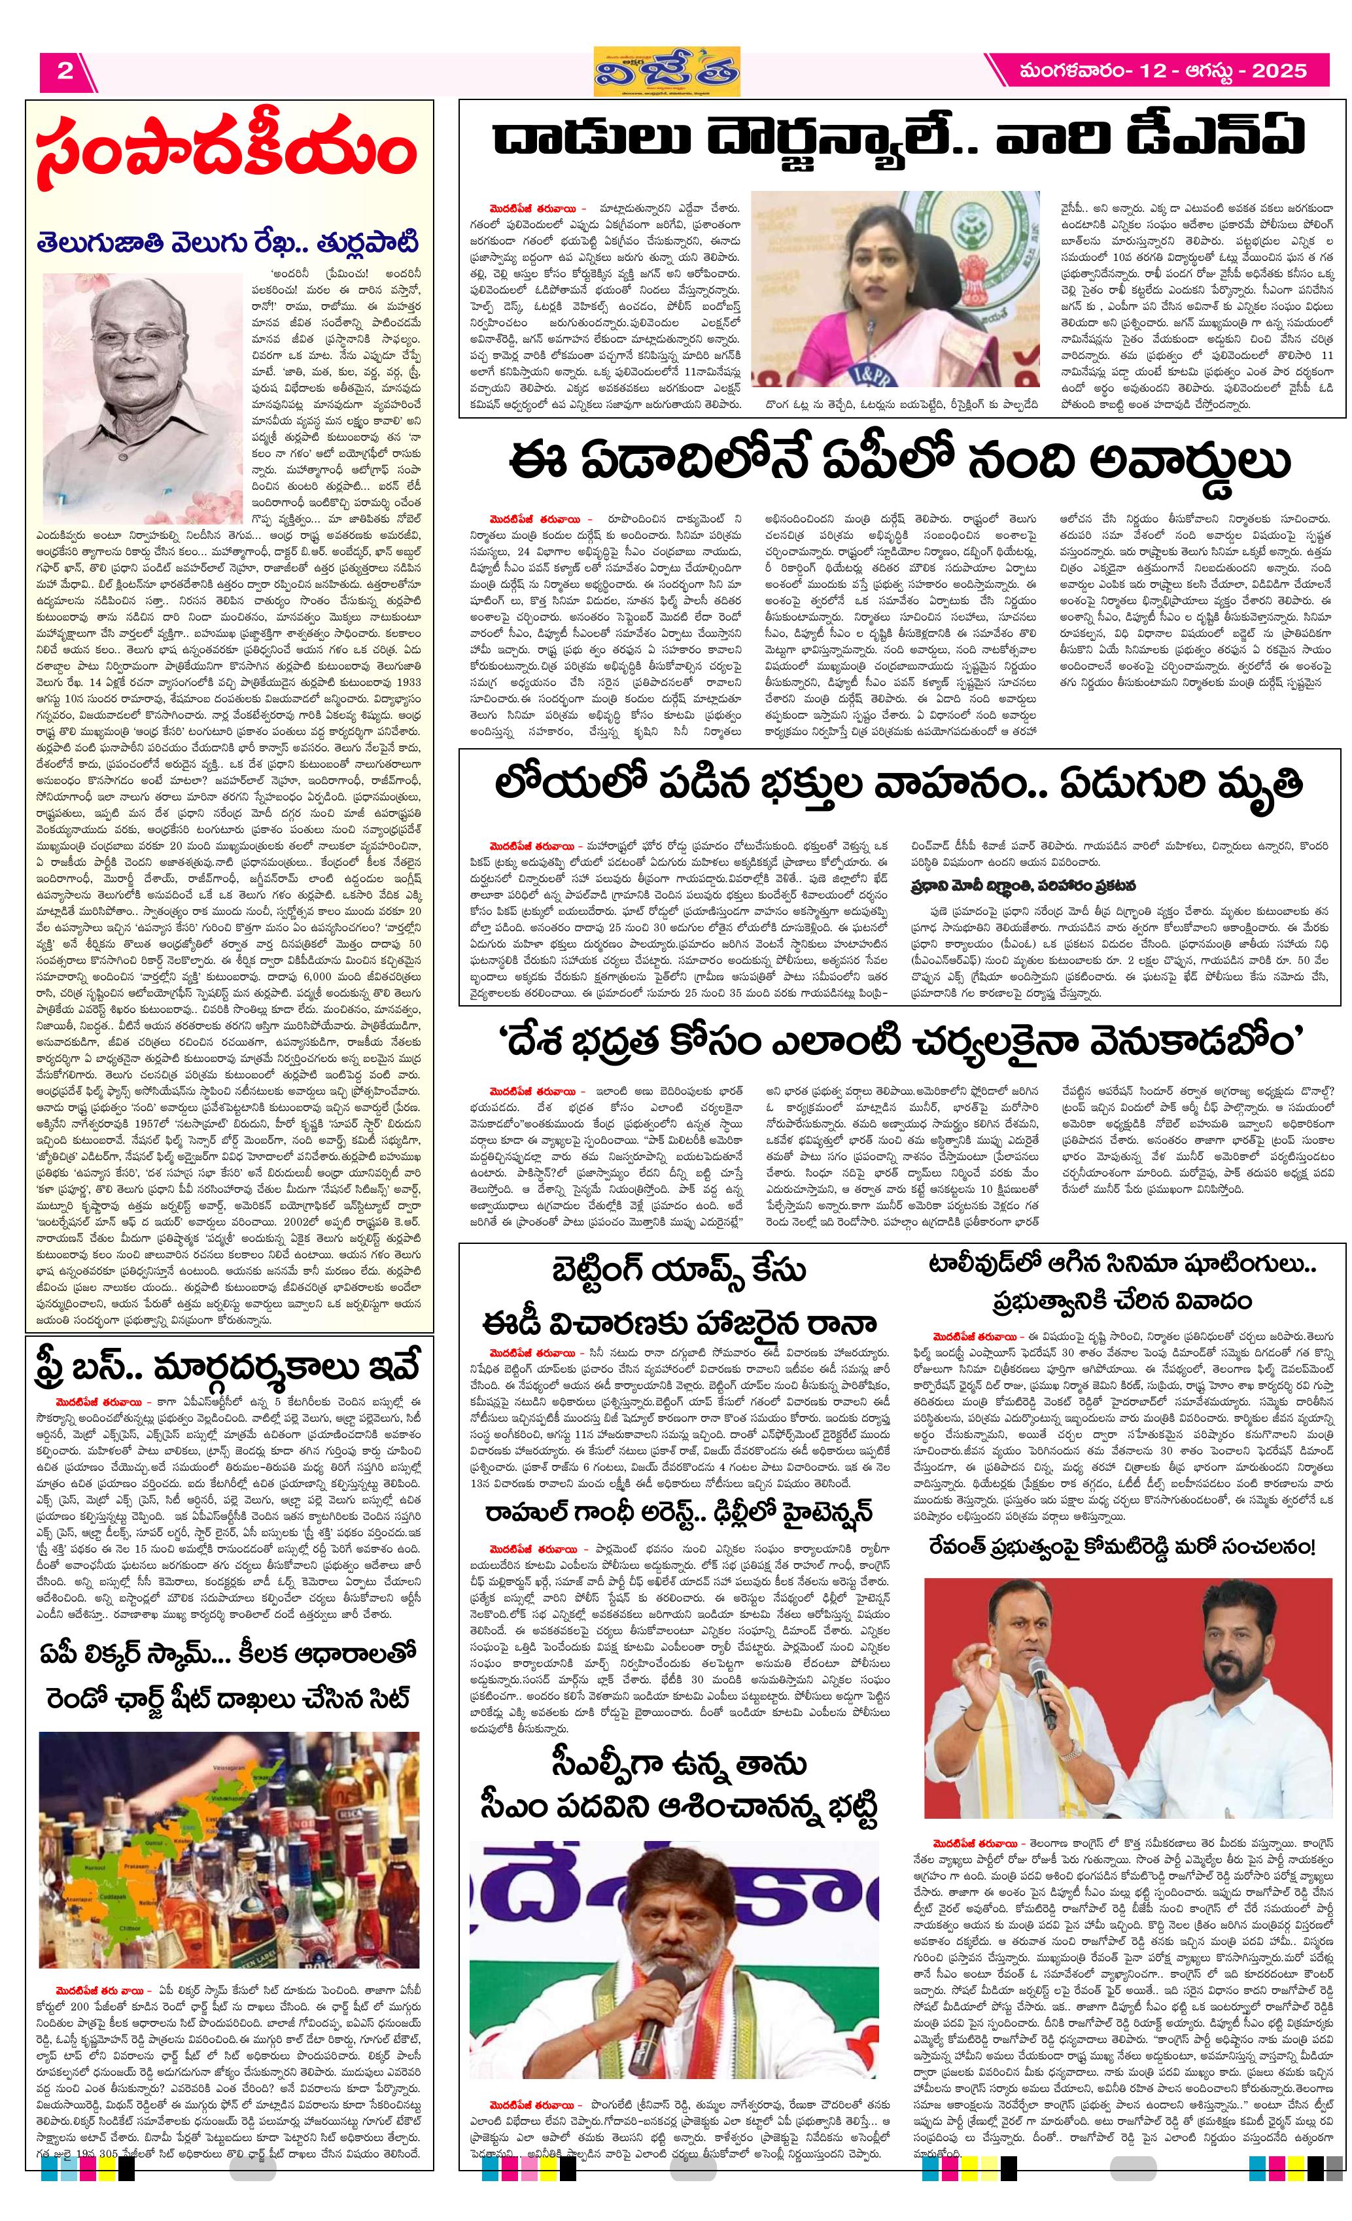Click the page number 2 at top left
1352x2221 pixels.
click(x=65, y=71)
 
